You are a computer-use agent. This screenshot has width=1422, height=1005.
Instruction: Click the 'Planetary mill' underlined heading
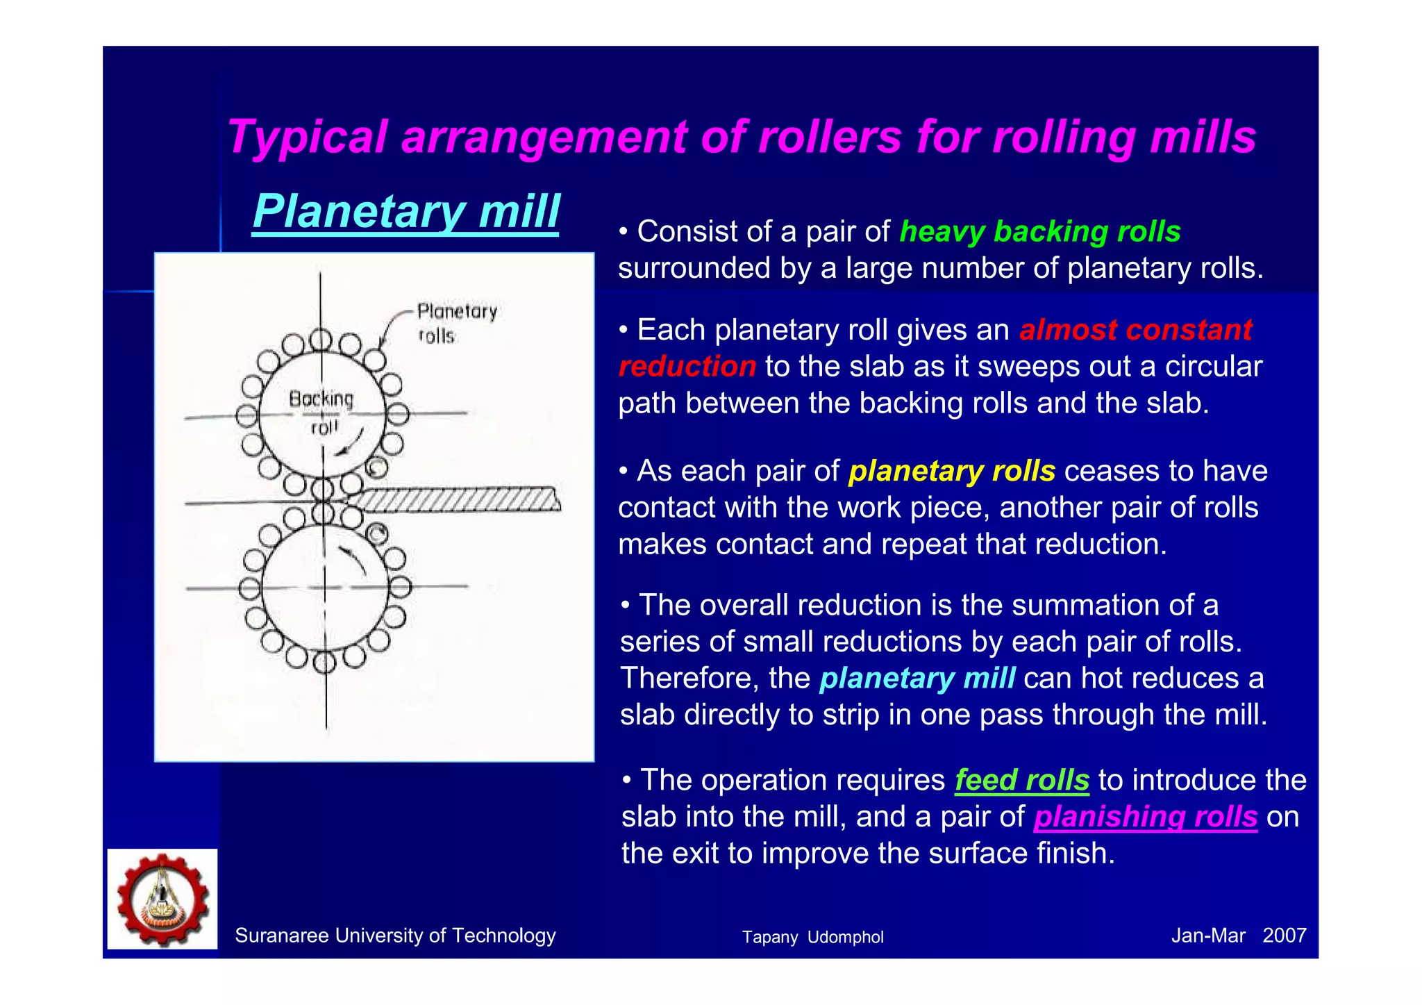(405, 211)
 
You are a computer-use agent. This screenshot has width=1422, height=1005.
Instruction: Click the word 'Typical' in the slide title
(306, 137)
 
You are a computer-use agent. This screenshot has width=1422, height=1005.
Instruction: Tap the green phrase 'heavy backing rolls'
(1039, 231)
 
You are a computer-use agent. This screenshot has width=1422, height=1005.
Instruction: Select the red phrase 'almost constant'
(1135, 330)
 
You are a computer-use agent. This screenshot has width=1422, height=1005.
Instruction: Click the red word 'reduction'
(687, 367)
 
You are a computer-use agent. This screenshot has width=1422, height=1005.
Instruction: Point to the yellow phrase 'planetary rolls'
(951, 471)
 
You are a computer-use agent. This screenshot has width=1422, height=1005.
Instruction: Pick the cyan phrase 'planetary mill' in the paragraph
(917, 678)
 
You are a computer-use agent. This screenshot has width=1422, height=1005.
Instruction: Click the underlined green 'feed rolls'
(1021, 780)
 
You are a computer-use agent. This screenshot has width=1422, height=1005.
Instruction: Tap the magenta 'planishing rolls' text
(1145, 817)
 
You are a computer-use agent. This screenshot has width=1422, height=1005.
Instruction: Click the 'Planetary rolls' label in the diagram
(455, 322)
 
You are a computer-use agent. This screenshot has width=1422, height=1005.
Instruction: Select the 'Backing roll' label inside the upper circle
(321, 411)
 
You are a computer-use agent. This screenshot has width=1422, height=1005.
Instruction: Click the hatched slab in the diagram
(458, 499)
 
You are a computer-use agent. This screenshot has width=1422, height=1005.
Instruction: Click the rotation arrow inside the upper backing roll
(350, 445)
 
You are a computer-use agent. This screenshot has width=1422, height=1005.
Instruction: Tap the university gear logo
(162, 899)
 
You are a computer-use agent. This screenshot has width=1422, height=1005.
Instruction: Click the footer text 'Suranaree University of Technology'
(395, 936)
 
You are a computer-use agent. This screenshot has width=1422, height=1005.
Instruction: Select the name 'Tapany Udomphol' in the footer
(812, 937)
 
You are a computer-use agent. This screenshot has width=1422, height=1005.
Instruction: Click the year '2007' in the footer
(1284, 936)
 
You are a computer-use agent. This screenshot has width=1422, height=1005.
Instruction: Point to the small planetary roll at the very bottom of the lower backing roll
(324, 662)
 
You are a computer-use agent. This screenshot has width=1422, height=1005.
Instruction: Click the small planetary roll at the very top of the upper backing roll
(321, 340)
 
